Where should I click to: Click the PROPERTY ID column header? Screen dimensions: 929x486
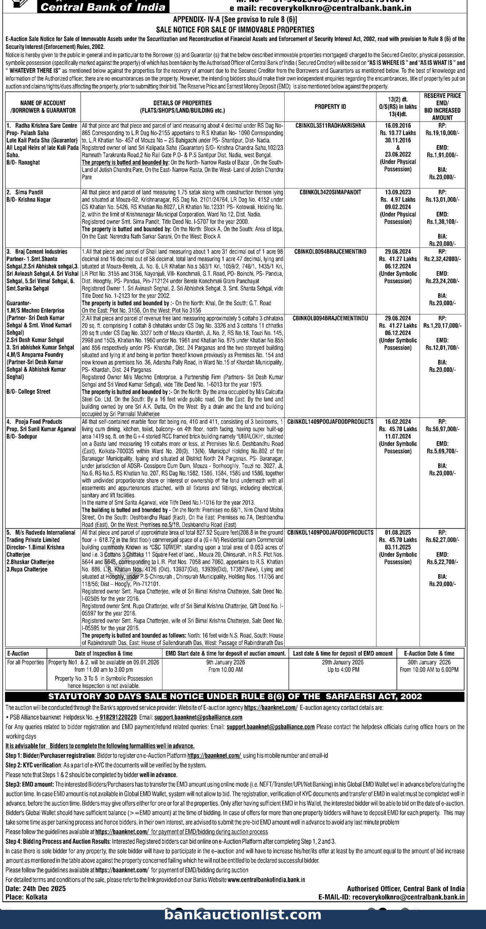click(330, 107)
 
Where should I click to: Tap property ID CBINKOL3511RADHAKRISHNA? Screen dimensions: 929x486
click(330, 126)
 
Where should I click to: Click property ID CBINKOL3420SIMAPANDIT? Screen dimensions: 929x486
click(330, 192)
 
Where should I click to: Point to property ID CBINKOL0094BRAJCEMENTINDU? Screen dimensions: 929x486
click(330, 318)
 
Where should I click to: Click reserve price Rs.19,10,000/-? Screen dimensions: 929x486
click(442, 133)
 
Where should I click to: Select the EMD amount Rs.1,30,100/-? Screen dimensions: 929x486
click(442, 222)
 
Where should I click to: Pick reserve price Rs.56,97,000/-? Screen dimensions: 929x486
click(442, 429)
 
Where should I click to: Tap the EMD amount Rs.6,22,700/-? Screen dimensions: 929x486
click(442, 562)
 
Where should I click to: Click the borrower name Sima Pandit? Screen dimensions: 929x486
click(29, 192)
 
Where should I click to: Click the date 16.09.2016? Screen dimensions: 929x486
click(398, 126)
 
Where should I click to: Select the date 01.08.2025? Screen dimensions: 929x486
click(398, 533)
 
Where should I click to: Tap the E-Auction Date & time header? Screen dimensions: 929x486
click(429, 654)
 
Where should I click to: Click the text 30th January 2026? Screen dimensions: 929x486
click(429, 662)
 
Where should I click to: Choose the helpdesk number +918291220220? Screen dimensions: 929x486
click(116, 717)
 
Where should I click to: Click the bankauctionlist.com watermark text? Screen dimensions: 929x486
click(243, 915)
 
